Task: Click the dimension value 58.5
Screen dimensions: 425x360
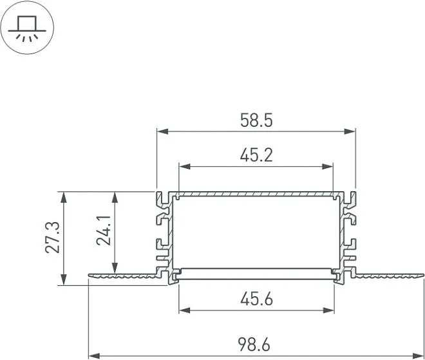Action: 256,120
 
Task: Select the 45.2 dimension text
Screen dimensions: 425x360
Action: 256,155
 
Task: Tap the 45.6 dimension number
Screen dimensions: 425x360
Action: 256,299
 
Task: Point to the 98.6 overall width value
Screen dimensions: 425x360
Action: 254,345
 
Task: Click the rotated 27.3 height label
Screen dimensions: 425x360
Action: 53,238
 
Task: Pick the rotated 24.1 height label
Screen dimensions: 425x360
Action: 104,230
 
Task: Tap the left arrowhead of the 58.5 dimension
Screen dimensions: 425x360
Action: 163,131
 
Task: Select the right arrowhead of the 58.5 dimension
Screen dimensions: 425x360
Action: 350,131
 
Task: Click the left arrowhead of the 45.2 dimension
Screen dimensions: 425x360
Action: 185,166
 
